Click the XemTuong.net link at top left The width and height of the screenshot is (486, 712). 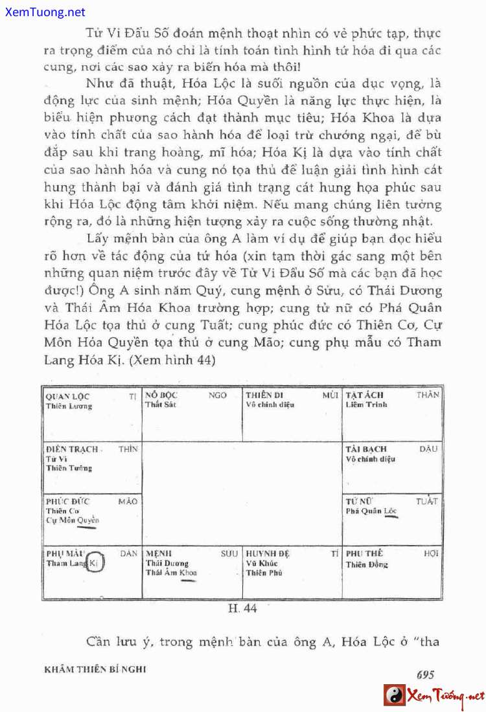(x=43, y=12)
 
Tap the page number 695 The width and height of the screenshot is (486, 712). (x=425, y=674)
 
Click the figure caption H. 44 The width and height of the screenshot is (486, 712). (x=243, y=608)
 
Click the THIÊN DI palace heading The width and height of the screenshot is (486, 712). (x=264, y=395)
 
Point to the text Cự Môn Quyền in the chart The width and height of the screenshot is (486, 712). (x=72, y=520)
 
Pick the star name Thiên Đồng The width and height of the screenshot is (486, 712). (x=367, y=564)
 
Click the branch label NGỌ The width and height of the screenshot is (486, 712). (x=218, y=395)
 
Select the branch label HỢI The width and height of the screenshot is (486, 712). (x=431, y=554)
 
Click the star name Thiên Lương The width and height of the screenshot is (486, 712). (x=69, y=406)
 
